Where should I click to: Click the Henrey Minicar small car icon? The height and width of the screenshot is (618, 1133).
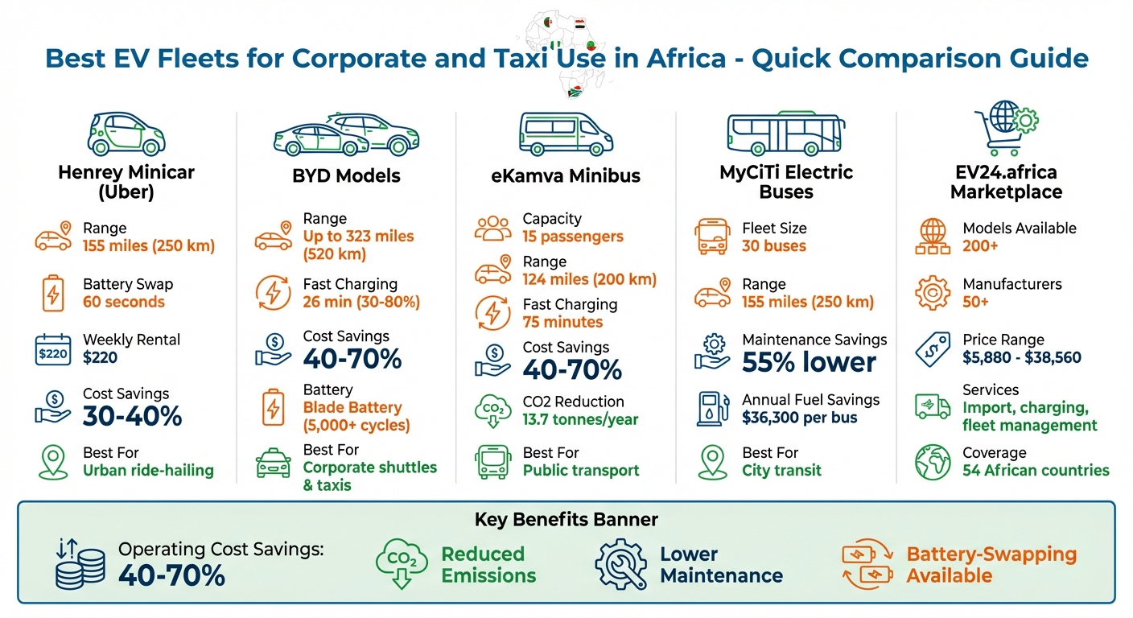point(126,134)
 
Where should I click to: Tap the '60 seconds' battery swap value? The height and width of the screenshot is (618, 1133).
point(124,303)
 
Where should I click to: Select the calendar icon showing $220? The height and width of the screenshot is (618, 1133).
point(53,348)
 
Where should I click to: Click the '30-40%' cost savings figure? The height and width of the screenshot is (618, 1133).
point(132,416)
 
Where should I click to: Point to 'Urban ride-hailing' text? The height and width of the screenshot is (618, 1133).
point(148,471)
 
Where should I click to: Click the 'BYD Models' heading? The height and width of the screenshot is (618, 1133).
point(346,175)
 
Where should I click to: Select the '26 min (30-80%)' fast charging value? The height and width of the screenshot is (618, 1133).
point(361,303)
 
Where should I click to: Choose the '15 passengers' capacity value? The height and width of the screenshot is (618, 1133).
point(573,237)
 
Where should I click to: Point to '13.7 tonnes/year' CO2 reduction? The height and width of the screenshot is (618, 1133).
point(580,419)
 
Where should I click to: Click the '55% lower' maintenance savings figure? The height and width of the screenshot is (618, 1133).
point(809,362)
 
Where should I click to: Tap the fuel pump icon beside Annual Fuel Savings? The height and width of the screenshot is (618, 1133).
point(713,409)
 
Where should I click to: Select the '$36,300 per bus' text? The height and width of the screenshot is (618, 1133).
point(800,418)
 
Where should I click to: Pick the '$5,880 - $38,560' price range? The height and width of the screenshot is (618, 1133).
point(1022,358)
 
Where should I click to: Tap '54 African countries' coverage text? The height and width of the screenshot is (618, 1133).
point(1036,471)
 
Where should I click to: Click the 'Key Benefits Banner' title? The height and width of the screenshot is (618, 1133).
point(566,520)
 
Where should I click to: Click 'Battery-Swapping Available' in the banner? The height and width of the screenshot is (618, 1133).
point(991,565)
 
